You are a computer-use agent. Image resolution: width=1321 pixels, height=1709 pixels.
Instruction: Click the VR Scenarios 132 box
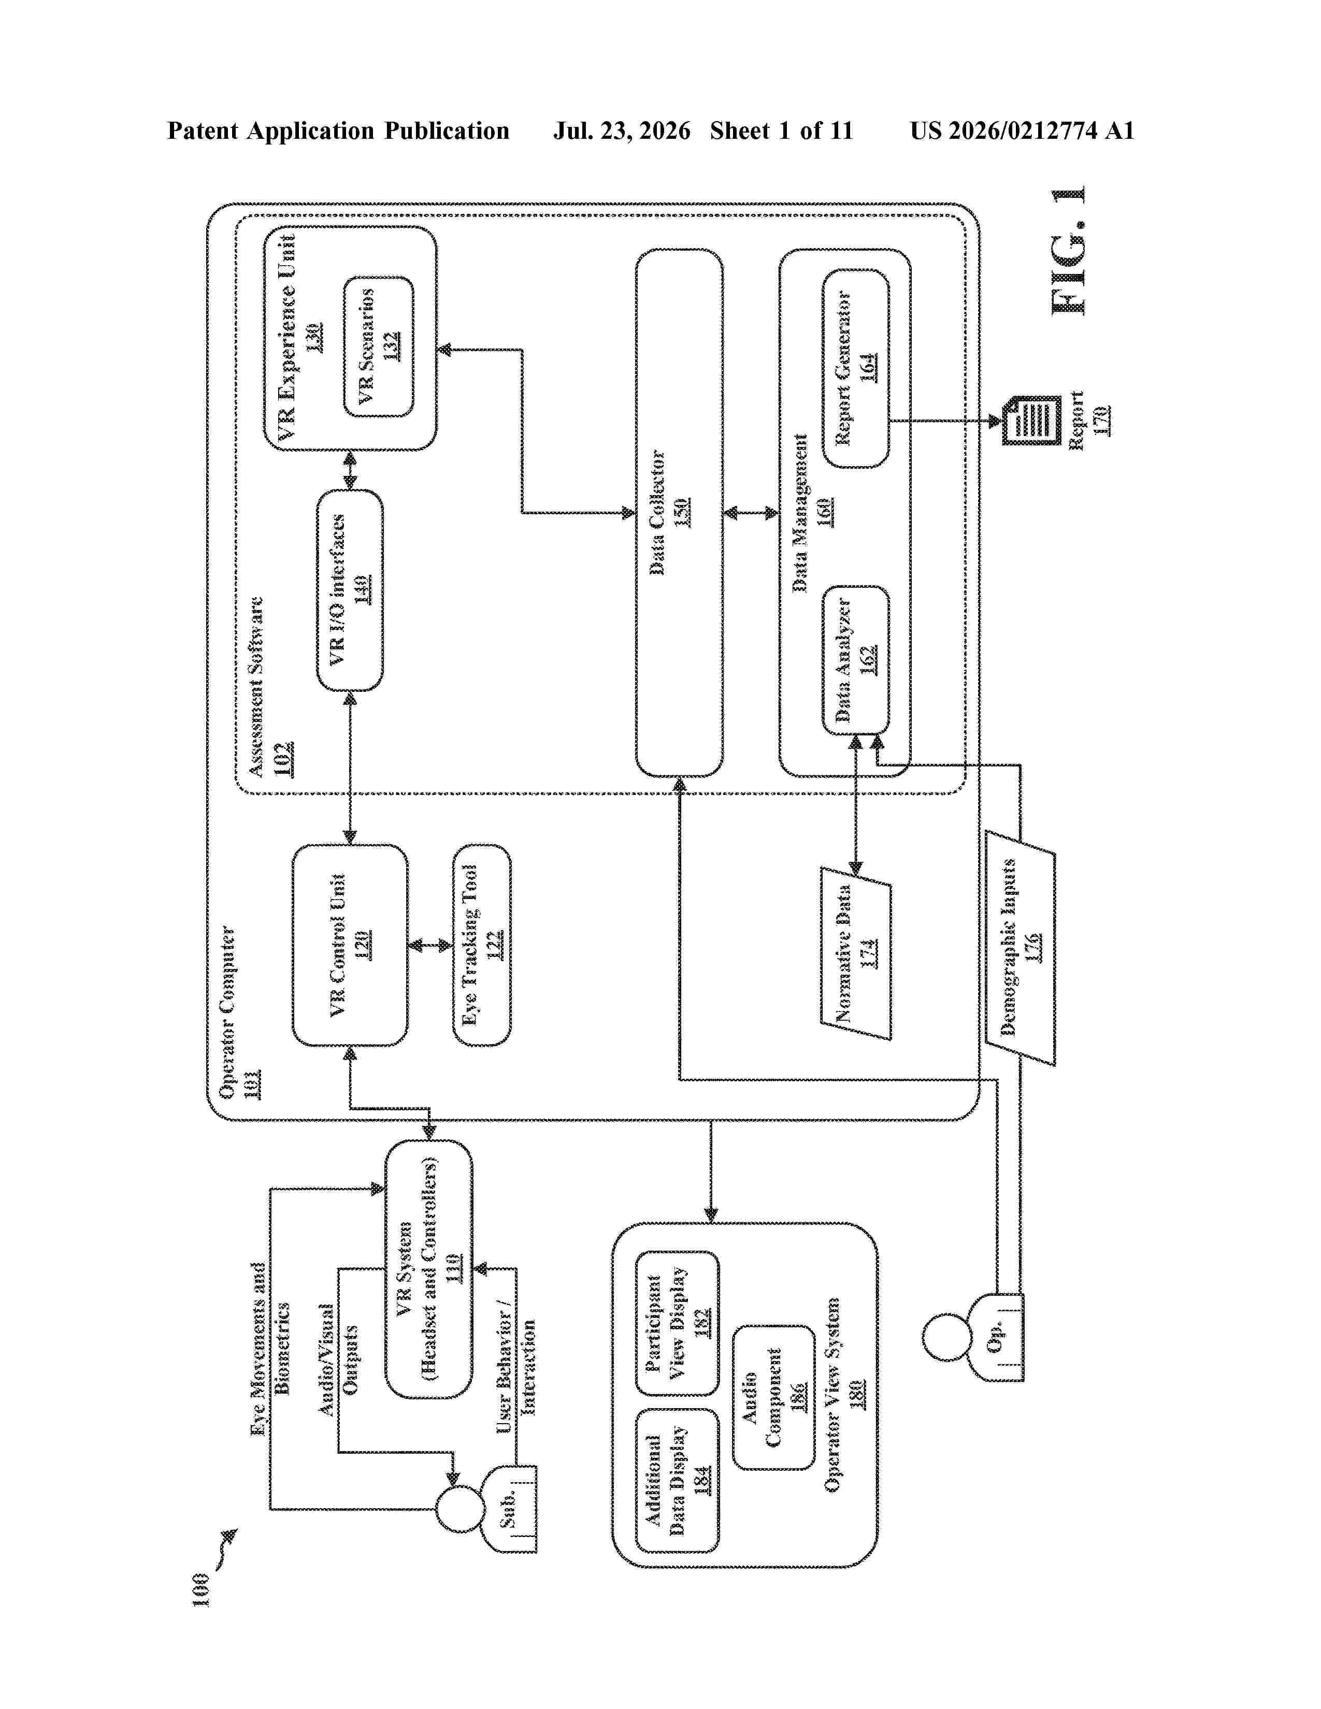[379, 346]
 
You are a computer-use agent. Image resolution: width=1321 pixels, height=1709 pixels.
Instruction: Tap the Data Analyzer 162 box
[856, 660]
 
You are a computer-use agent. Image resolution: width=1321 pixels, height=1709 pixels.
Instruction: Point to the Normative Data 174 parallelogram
[856, 953]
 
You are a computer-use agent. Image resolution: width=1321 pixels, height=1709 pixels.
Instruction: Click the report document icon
[1031, 420]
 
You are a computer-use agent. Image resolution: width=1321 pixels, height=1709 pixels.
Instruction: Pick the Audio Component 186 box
[774, 1397]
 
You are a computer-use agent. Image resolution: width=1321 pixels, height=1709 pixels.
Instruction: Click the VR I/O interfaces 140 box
[350, 590]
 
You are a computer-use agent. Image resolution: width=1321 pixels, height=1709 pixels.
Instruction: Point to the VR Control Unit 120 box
[350, 945]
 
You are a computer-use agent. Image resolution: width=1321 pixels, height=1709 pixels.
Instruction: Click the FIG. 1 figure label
[1068, 251]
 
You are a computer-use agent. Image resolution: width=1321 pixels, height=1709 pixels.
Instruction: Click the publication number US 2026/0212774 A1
[1022, 131]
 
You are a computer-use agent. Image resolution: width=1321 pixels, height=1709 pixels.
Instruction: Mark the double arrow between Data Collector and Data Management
[751, 513]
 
